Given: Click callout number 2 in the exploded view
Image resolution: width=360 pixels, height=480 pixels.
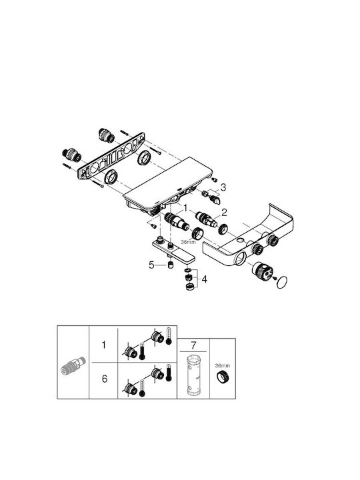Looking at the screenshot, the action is tap(225, 212).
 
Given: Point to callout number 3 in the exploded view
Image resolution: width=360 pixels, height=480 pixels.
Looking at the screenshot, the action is tap(223, 187).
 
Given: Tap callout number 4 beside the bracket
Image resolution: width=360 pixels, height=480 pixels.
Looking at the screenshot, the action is tap(204, 279).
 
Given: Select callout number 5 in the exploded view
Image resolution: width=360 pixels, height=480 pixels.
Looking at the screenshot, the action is tap(151, 265).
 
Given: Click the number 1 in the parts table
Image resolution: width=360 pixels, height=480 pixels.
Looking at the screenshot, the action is tap(104, 345).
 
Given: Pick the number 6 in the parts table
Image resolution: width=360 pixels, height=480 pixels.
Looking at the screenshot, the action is tap(105, 379).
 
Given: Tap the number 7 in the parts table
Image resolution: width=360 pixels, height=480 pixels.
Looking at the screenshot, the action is tap(193, 345).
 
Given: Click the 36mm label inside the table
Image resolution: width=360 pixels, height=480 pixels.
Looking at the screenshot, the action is tap(223, 365).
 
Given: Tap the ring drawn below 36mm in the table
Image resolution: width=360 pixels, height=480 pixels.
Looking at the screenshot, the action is tap(223, 376).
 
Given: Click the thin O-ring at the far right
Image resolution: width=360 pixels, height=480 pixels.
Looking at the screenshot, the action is tap(281, 282).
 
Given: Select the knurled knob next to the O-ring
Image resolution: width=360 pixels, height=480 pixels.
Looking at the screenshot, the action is tap(263, 271).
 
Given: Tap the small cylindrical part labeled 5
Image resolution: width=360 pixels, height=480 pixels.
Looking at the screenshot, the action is tap(171, 265).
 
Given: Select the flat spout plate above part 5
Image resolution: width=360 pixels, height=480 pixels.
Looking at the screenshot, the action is tap(173, 251).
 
